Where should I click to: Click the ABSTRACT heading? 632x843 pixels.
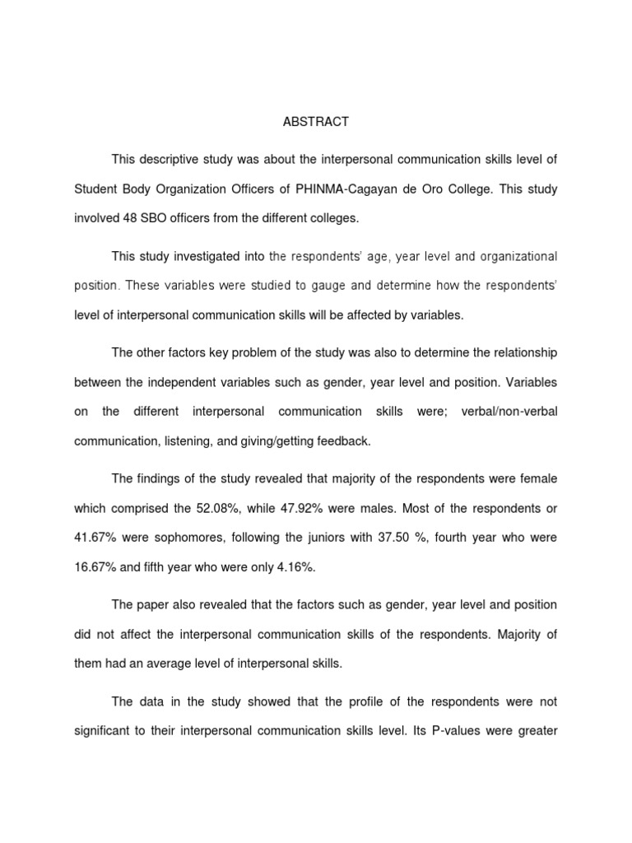(315, 122)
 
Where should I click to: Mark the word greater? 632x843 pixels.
(535, 731)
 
